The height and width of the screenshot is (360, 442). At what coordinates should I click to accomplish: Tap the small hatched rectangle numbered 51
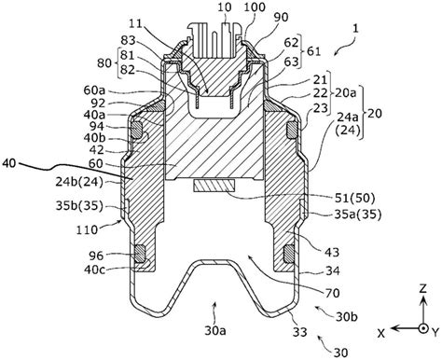click(214, 186)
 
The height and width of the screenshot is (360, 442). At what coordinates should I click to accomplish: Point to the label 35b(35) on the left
click(79, 206)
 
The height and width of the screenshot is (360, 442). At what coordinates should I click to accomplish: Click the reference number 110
click(87, 230)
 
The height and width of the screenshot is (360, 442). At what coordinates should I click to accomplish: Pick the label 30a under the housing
click(215, 331)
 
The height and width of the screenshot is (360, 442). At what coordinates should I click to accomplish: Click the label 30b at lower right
click(347, 317)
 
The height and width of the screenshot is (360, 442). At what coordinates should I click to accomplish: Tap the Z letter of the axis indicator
click(422, 289)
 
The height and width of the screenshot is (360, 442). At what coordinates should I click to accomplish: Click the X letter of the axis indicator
click(381, 334)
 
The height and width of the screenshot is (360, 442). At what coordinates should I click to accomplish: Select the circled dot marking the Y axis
click(422, 328)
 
